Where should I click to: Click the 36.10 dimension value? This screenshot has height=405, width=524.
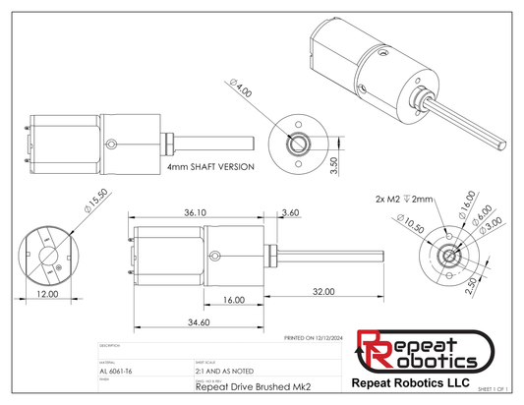(x=195, y=212)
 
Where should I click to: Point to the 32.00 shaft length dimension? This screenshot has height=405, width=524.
(x=323, y=292)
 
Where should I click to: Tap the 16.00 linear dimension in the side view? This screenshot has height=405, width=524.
(x=233, y=299)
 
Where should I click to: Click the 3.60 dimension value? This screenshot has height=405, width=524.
(x=290, y=212)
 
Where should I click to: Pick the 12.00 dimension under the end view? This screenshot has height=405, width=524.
(x=45, y=294)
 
